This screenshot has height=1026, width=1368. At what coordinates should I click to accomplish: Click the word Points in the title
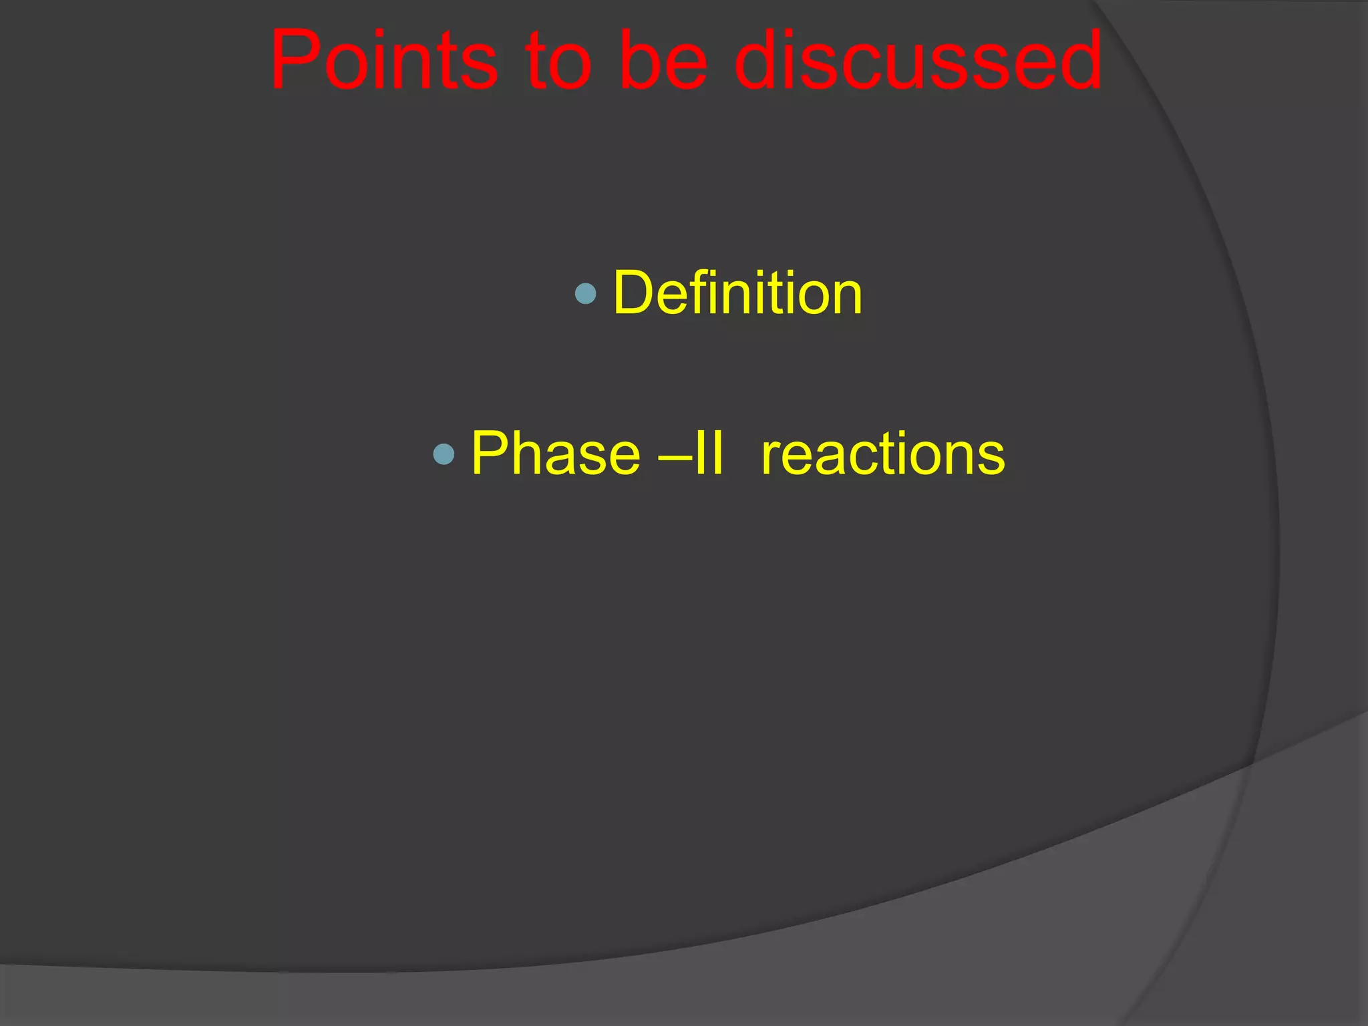pyautogui.click(x=383, y=61)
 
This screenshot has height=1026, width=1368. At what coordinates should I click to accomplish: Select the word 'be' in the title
pyautogui.click(x=662, y=61)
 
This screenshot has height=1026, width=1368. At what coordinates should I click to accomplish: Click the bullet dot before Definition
pyautogui.click(x=585, y=293)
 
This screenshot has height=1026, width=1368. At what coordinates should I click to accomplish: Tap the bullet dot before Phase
pyautogui.click(x=444, y=454)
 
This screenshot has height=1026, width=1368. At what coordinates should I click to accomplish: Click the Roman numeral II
pyautogui.click(x=707, y=454)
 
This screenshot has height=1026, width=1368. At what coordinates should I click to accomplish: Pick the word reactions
pyautogui.click(x=882, y=454)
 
